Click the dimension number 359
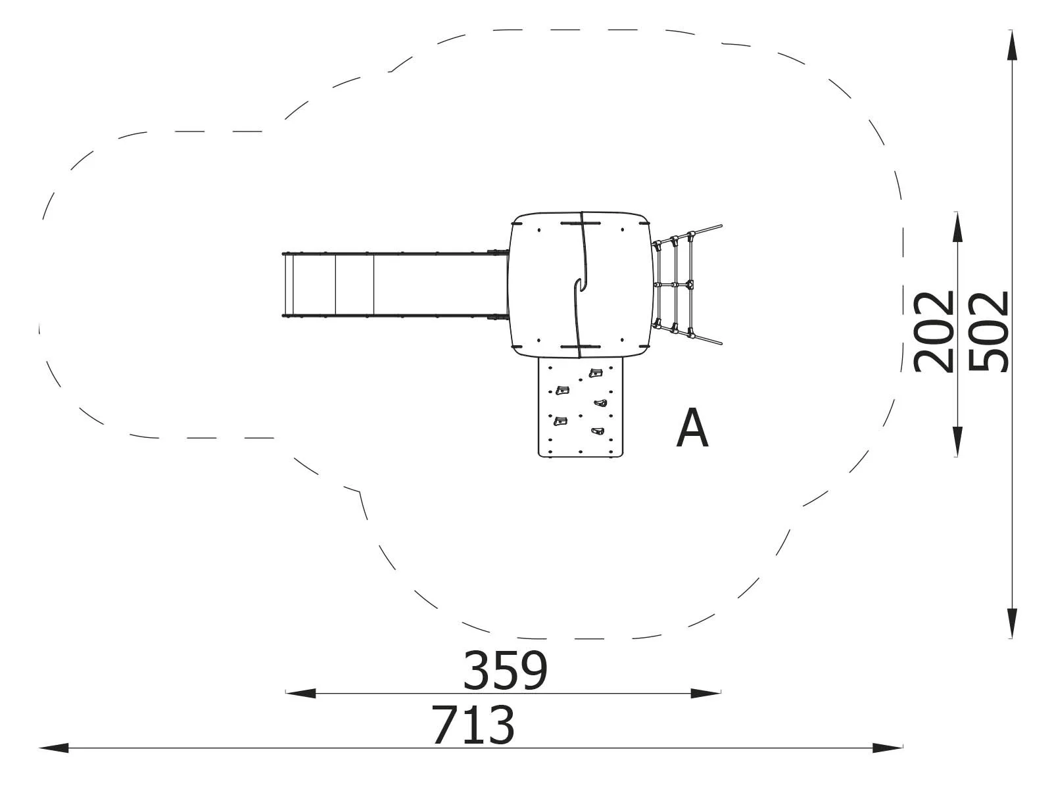pyautogui.click(x=505, y=670)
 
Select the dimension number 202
pyautogui.click(x=933, y=331)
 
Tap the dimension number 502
pyautogui.click(x=988, y=331)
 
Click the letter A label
pyautogui.click(x=692, y=428)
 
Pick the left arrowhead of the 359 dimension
pyautogui.click(x=300, y=693)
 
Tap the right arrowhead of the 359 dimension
pyautogui.click(x=705, y=693)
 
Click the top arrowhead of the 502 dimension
pyautogui.click(x=1012, y=45)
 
